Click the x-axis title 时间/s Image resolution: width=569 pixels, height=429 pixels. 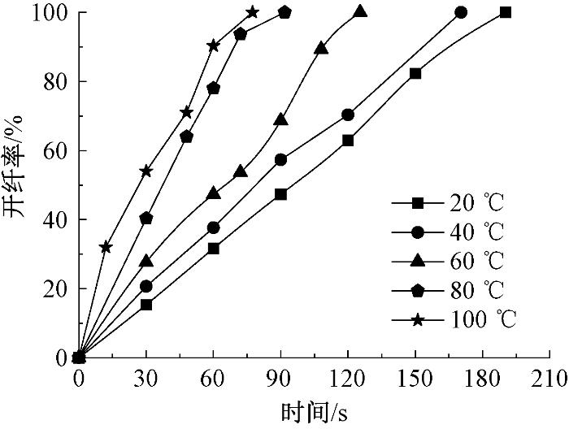tap(314, 413)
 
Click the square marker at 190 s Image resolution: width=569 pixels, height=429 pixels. tap(506, 12)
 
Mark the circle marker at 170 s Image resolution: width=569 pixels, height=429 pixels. tap(461, 12)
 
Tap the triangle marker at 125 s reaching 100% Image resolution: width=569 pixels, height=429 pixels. tap(360, 11)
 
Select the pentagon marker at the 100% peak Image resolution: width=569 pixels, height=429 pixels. tap(284, 12)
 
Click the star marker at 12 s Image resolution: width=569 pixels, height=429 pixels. tap(105, 247)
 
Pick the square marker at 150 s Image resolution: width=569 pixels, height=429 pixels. tap(415, 73)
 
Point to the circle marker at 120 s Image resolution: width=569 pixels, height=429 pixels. tap(348, 115)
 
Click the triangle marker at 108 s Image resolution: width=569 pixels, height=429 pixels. tap(321, 48)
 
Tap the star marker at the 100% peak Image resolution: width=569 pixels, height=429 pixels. tap(253, 12)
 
